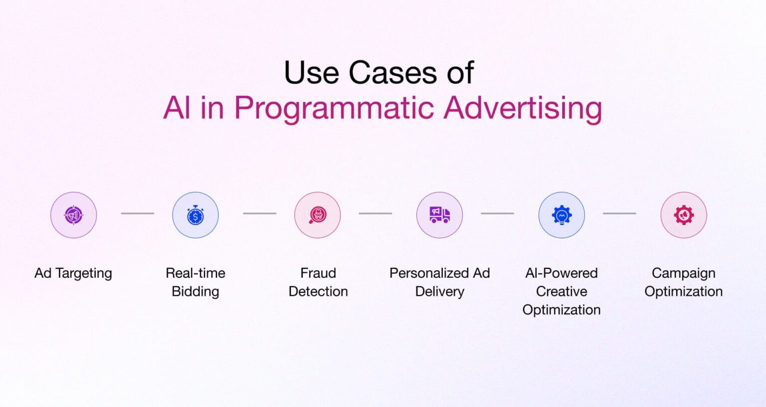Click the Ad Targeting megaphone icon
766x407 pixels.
click(73, 215)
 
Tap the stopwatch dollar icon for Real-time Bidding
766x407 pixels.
click(195, 215)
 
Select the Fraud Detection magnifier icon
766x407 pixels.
click(318, 215)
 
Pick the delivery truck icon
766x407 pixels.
click(439, 215)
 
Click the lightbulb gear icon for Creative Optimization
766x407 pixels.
click(562, 215)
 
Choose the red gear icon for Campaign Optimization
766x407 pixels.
click(684, 215)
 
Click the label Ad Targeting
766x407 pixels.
click(73, 273)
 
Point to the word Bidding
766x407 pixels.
click(195, 292)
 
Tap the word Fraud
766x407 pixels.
click(318, 273)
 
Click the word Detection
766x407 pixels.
click(318, 292)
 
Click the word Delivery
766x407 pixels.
click(439, 292)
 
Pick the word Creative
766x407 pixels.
click(562, 292)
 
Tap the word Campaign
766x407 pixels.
click(684, 273)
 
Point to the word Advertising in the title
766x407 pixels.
click(523, 108)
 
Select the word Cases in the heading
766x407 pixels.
click(393, 73)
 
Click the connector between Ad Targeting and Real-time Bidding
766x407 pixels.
click(138, 213)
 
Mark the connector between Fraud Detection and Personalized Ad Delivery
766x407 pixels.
click(376, 213)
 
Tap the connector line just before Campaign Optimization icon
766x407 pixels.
click(619, 213)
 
